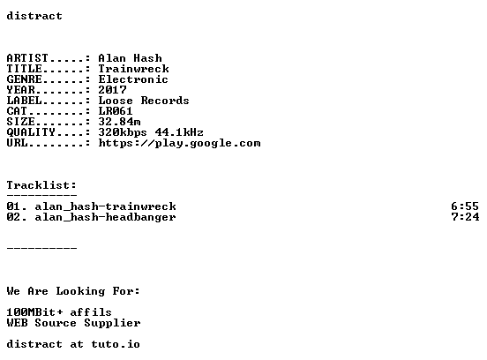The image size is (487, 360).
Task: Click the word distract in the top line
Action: click(34, 16)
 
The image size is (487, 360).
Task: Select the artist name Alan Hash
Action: click(131, 58)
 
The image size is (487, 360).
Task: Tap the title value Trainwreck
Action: click(133, 69)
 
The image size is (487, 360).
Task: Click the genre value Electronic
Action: click(133, 79)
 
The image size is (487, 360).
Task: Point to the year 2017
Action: click(112, 90)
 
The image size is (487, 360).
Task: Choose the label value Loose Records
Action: click(144, 101)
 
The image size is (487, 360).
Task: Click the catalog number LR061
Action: click(116, 111)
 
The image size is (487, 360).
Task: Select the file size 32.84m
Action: click(120, 122)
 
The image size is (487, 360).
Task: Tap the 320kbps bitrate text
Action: click(123, 132)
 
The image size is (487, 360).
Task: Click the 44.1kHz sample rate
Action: click(179, 132)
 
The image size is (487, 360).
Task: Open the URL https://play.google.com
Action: click(179, 143)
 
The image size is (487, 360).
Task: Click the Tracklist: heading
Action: click(41, 185)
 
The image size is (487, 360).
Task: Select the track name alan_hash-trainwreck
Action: click(105, 206)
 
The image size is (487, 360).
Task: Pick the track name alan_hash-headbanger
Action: click(105, 217)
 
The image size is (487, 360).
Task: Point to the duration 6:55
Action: click(465, 206)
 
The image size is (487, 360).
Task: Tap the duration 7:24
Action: click(465, 217)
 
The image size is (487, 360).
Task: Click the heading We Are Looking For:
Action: click(73, 291)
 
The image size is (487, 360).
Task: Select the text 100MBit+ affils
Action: click(59, 312)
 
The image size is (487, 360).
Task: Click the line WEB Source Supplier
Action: click(73, 323)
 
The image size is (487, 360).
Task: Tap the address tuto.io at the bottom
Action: click(116, 344)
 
